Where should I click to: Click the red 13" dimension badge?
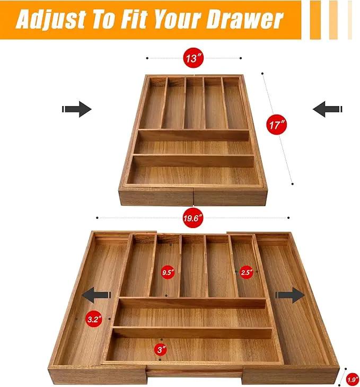click(x=194, y=58)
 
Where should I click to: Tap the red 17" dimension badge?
click(x=277, y=125)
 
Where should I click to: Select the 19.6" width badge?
click(x=193, y=218)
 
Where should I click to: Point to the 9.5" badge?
click(x=168, y=272)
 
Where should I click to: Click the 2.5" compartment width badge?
click(x=247, y=272)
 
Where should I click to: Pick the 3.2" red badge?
click(x=94, y=319)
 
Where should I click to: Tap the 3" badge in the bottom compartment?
click(x=161, y=349)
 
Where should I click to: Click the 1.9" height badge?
click(x=353, y=379)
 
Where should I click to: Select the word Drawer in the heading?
click(x=244, y=20)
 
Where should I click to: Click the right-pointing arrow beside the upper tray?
click(x=76, y=109)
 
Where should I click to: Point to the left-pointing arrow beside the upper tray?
click(x=328, y=109)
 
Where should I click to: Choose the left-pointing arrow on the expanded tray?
click(x=96, y=295)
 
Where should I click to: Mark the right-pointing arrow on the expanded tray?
click(x=290, y=295)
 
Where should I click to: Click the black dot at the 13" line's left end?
click(x=147, y=58)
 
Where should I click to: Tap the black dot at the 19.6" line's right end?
click(x=288, y=218)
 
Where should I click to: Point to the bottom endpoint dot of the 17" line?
click(x=293, y=184)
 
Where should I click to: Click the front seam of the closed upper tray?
click(x=194, y=197)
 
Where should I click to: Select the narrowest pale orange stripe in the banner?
click(x=350, y=20)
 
